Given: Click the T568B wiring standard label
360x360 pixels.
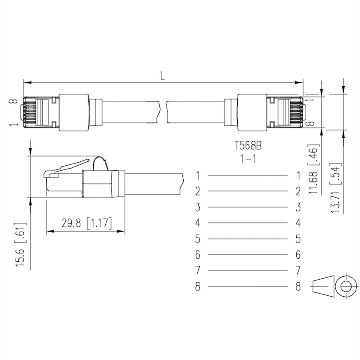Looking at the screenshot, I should pyautogui.click(x=248, y=146).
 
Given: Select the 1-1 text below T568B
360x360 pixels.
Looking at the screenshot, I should pyautogui.click(x=248, y=159).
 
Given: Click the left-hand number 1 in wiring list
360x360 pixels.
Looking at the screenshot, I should pyautogui.click(x=197, y=175).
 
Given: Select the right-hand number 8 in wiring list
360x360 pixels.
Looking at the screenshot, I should pyautogui.click(x=298, y=286).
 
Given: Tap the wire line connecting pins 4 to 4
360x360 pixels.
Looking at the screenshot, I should pyautogui.click(x=247, y=223).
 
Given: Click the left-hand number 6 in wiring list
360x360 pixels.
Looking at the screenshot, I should pyautogui.click(x=197, y=255).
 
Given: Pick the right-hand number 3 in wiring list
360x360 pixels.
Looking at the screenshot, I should pyautogui.click(x=298, y=207).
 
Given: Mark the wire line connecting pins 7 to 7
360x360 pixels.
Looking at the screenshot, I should pyautogui.click(x=247, y=271).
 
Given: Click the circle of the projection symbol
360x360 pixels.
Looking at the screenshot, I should pyautogui.click(x=346, y=286).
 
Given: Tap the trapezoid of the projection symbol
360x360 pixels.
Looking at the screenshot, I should pyautogui.click(x=324, y=286).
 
